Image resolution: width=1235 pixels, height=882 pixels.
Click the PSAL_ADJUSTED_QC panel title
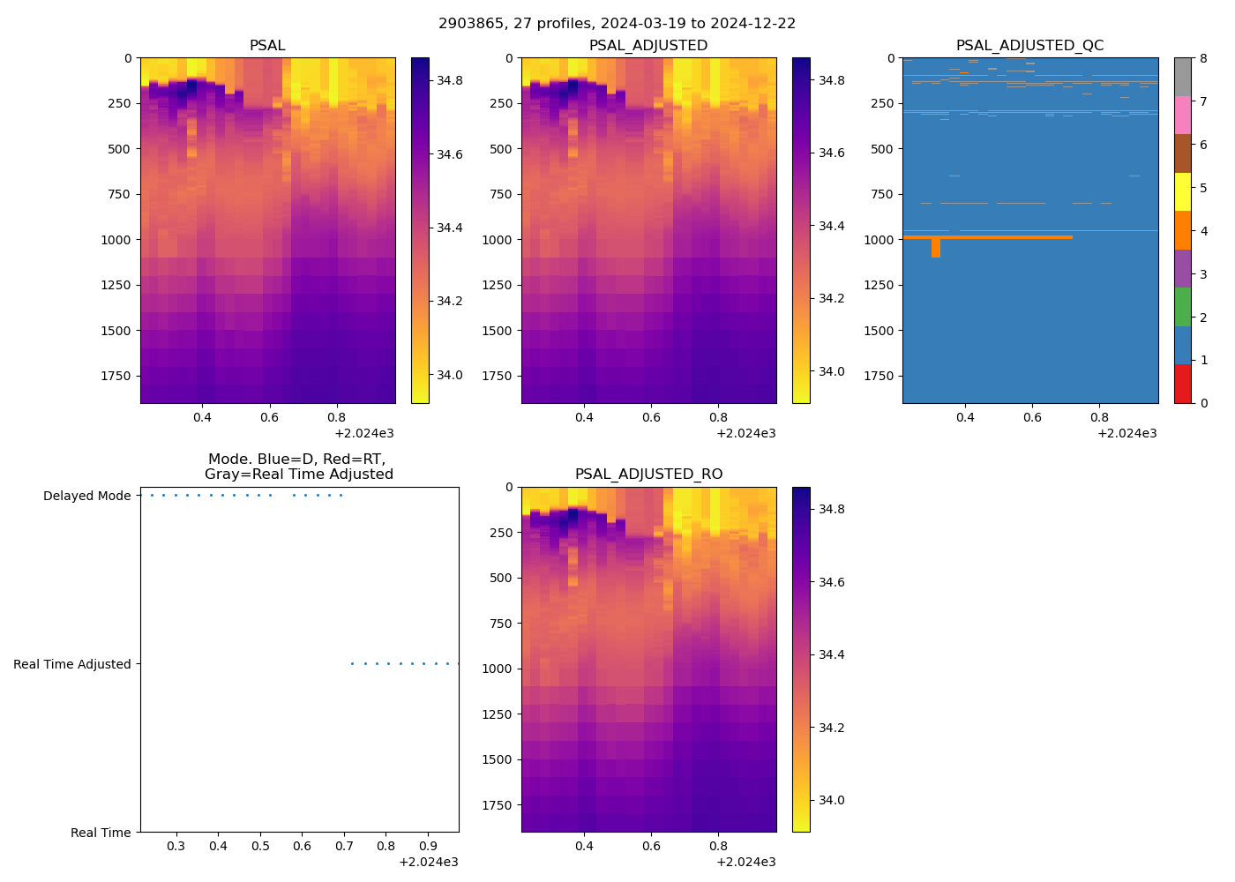[x=1029, y=46]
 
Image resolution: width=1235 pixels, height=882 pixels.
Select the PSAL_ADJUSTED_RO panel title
[x=648, y=475]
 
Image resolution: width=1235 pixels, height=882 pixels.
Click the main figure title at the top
[x=617, y=24]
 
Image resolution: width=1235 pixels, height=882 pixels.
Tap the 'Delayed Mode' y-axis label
[x=86, y=496]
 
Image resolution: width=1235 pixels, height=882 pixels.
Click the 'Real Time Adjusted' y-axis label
[x=72, y=664]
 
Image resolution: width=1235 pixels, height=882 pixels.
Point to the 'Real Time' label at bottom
[x=101, y=833]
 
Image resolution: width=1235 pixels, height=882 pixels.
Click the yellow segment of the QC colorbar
[x=1182, y=191]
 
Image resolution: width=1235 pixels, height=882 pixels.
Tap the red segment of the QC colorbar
[x=1182, y=384]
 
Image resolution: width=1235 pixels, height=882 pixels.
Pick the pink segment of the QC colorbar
[x=1182, y=115]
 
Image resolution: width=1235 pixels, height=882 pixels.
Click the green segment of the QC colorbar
[x=1182, y=307]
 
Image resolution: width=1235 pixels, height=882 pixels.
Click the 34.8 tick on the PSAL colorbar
[x=450, y=80]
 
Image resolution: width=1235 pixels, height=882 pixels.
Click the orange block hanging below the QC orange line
[x=935, y=248]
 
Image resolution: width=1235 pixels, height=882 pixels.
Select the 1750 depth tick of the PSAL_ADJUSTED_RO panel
[x=500, y=805]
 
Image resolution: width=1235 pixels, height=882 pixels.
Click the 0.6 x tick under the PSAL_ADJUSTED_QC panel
[x=1032, y=417]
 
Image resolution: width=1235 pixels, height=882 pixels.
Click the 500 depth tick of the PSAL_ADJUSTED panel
[x=500, y=149]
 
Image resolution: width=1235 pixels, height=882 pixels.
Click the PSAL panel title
[x=267, y=46]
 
